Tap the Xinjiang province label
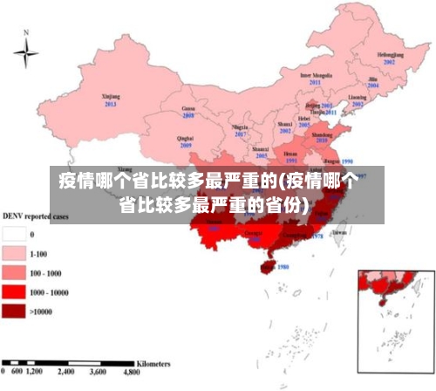[111, 97]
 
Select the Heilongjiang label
[390, 55]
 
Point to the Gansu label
[187, 108]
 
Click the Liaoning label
[358, 97]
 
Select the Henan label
[291, 154]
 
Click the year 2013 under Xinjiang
[111, 104]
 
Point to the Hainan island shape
[269, 261]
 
